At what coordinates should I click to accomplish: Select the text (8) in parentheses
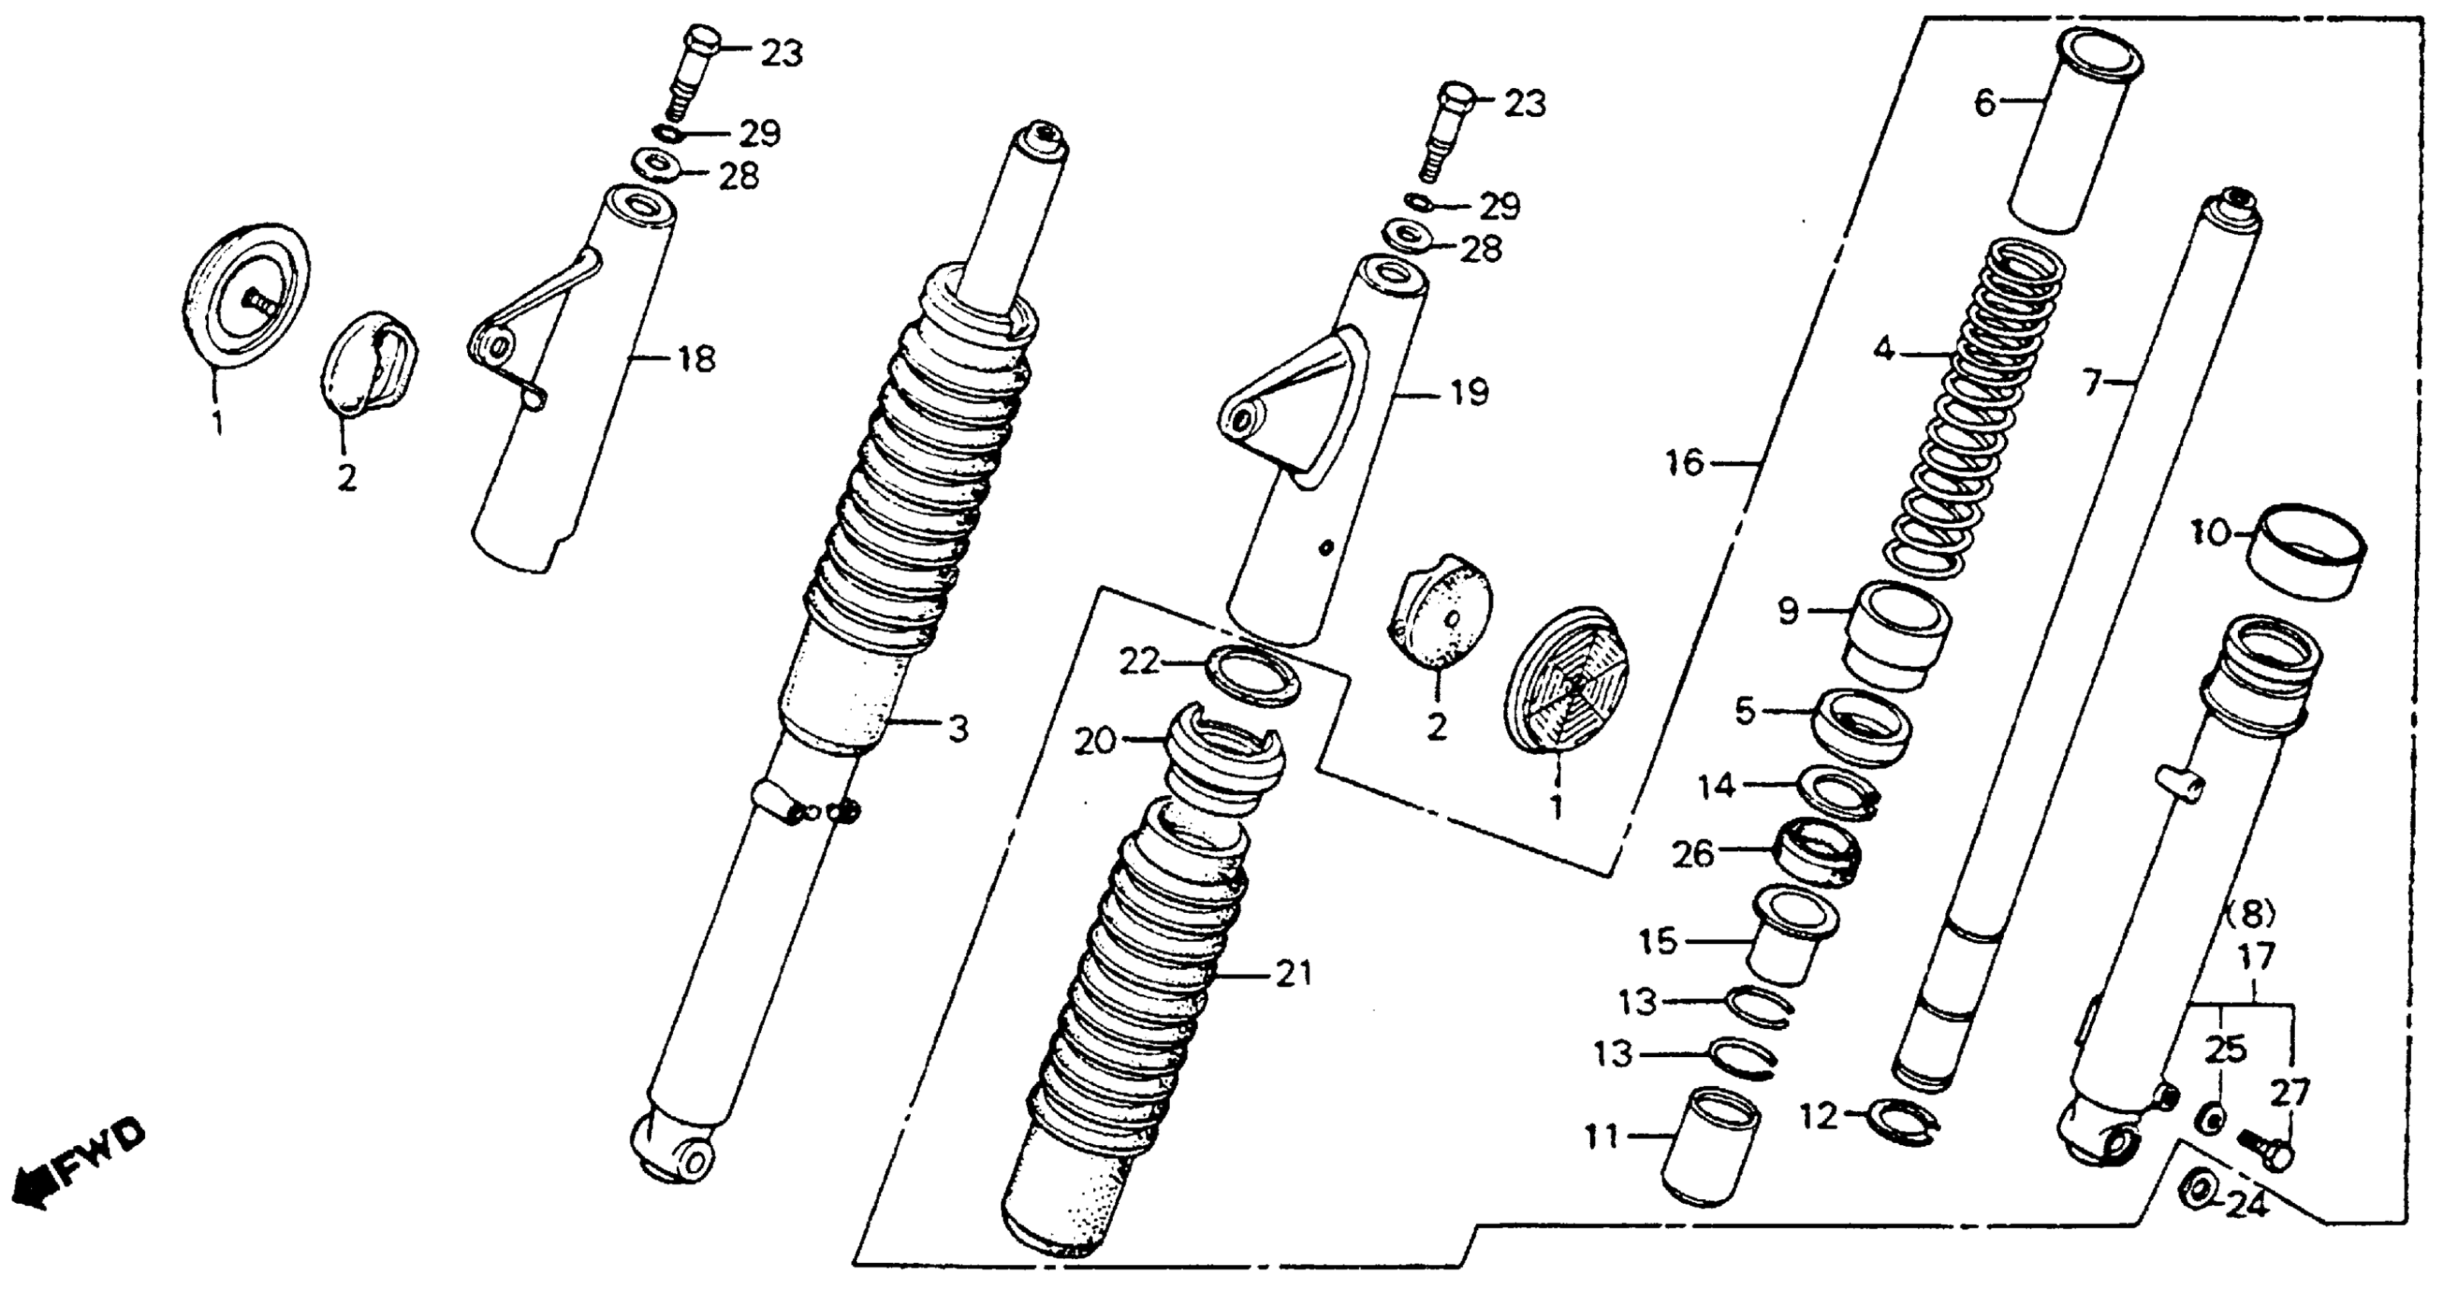[x=2249, y=914]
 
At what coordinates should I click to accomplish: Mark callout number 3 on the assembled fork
[x=959, y=729]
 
